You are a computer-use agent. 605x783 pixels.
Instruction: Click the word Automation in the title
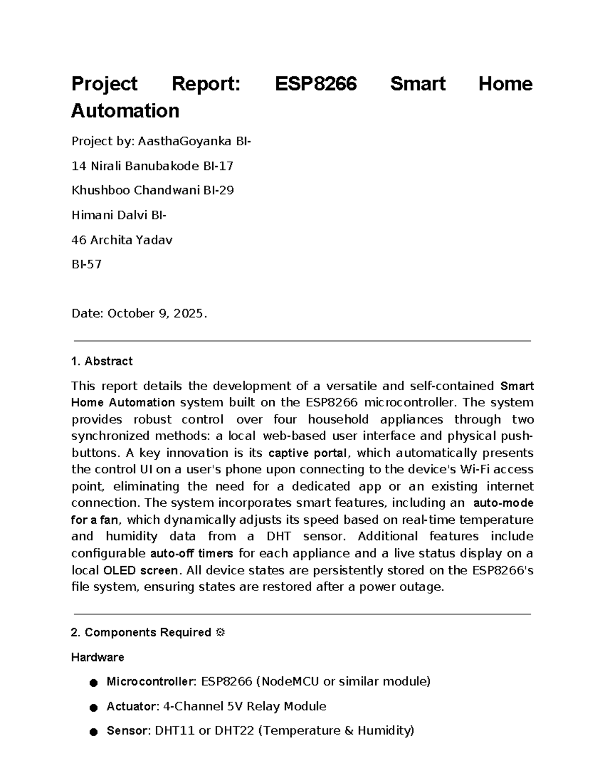point(125,111)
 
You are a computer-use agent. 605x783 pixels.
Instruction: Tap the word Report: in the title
point(206,84)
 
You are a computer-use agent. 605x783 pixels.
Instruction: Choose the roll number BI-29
point(218,191)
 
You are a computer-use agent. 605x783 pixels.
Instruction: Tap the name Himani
point(92,215)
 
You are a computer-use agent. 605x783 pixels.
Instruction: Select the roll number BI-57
point(86,264)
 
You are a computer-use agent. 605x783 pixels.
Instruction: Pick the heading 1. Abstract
point(102,361)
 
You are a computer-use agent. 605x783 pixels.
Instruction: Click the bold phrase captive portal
point(308,453)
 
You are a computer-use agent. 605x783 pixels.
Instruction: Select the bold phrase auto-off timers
point(192,554)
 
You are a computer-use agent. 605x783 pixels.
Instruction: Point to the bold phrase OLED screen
point(140,571)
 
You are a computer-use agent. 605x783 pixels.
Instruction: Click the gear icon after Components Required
point(220,632)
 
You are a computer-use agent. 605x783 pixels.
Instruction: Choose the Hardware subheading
point(97,657)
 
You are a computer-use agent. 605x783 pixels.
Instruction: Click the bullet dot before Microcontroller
point(93,683)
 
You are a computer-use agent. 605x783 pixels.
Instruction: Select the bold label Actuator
point(133,706)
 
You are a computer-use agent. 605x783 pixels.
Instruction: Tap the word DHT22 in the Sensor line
point(234,731)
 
